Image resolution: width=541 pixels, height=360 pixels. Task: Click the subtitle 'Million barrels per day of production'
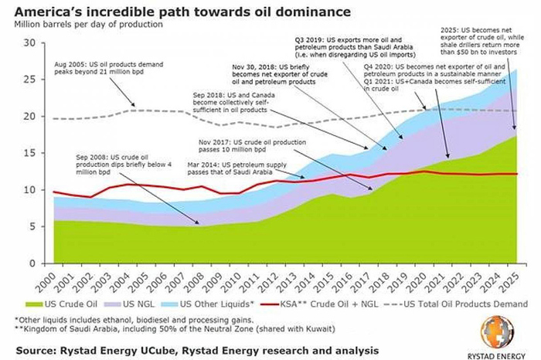88,24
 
